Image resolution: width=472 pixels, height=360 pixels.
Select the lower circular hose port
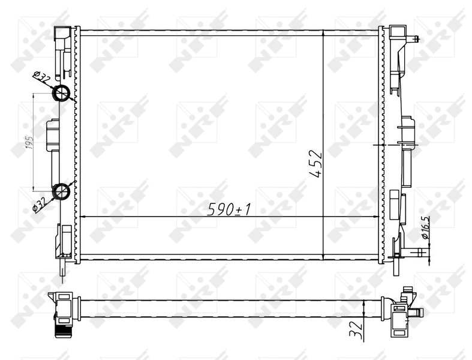click(x=62, y=191)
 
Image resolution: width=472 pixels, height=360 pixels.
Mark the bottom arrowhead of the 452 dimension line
click(x=324, y=256)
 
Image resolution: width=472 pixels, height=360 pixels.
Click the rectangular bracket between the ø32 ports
click(x=53, y=135)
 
